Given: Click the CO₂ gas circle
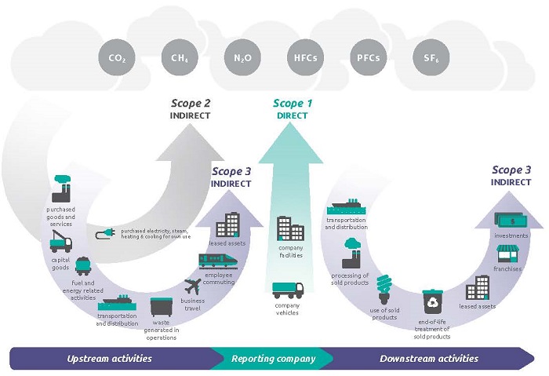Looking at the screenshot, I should click(x=115, y=57).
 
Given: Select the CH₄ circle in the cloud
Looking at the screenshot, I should click(x=178, y=57).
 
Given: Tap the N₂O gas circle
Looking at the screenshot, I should click(x=242, y=57).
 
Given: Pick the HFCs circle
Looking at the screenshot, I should click(x=305, y=57).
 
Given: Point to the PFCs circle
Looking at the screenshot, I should click(x=368, y=57).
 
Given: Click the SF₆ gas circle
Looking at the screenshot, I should click(x=431, y=57).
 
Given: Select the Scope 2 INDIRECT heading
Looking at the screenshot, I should click(x=191, y=108).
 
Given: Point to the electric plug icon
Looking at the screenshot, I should click(x=107, y=234).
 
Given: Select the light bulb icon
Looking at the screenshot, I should click(x=384, y=287).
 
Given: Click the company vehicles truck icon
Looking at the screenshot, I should click(x=287, y=292).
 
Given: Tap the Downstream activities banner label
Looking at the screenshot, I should click(x=428, y=359).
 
